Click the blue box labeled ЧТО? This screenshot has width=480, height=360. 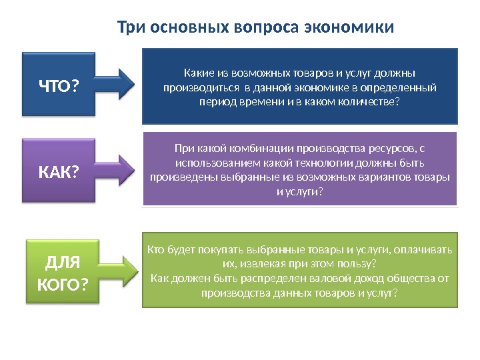[58, 85]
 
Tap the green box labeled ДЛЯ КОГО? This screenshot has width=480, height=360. [62, 273]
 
